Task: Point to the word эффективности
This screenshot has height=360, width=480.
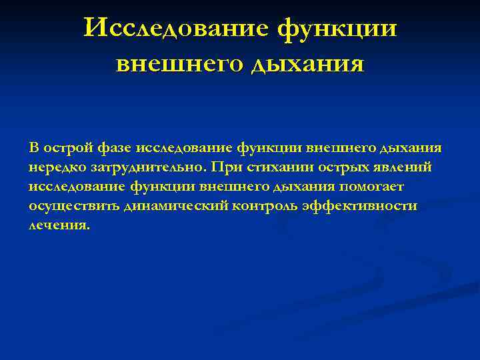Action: coord(359,206)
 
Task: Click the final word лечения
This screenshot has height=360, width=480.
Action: coord(58,226)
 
